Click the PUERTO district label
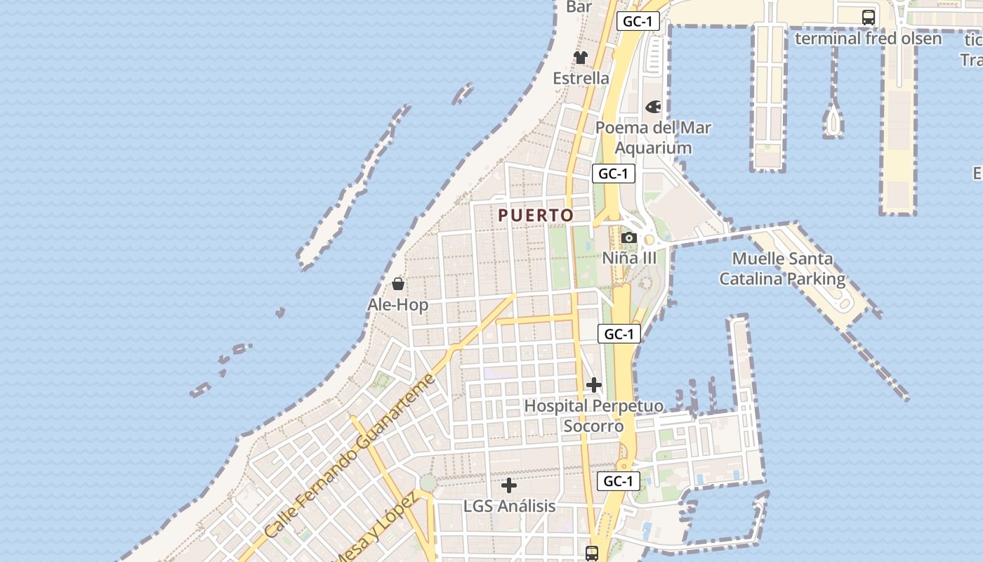[536, 216]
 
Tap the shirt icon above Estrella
[580, 58]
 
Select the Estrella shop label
[581, 78]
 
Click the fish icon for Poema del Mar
[653, 107]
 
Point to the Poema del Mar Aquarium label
[653, 138]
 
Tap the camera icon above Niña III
[629, 238]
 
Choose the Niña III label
[629, 258]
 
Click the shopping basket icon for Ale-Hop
[398, 284]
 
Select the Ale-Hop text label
[397, 305]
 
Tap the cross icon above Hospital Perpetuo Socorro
[594, 385]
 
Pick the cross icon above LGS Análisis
[509, 485]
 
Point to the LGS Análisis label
[509, 506]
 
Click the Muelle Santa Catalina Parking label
[782, 269]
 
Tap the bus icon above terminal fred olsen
[869, 18]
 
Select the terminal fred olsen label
[868, 38]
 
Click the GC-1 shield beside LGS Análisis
[619, 481]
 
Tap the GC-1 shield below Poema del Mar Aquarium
[613, 174]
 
